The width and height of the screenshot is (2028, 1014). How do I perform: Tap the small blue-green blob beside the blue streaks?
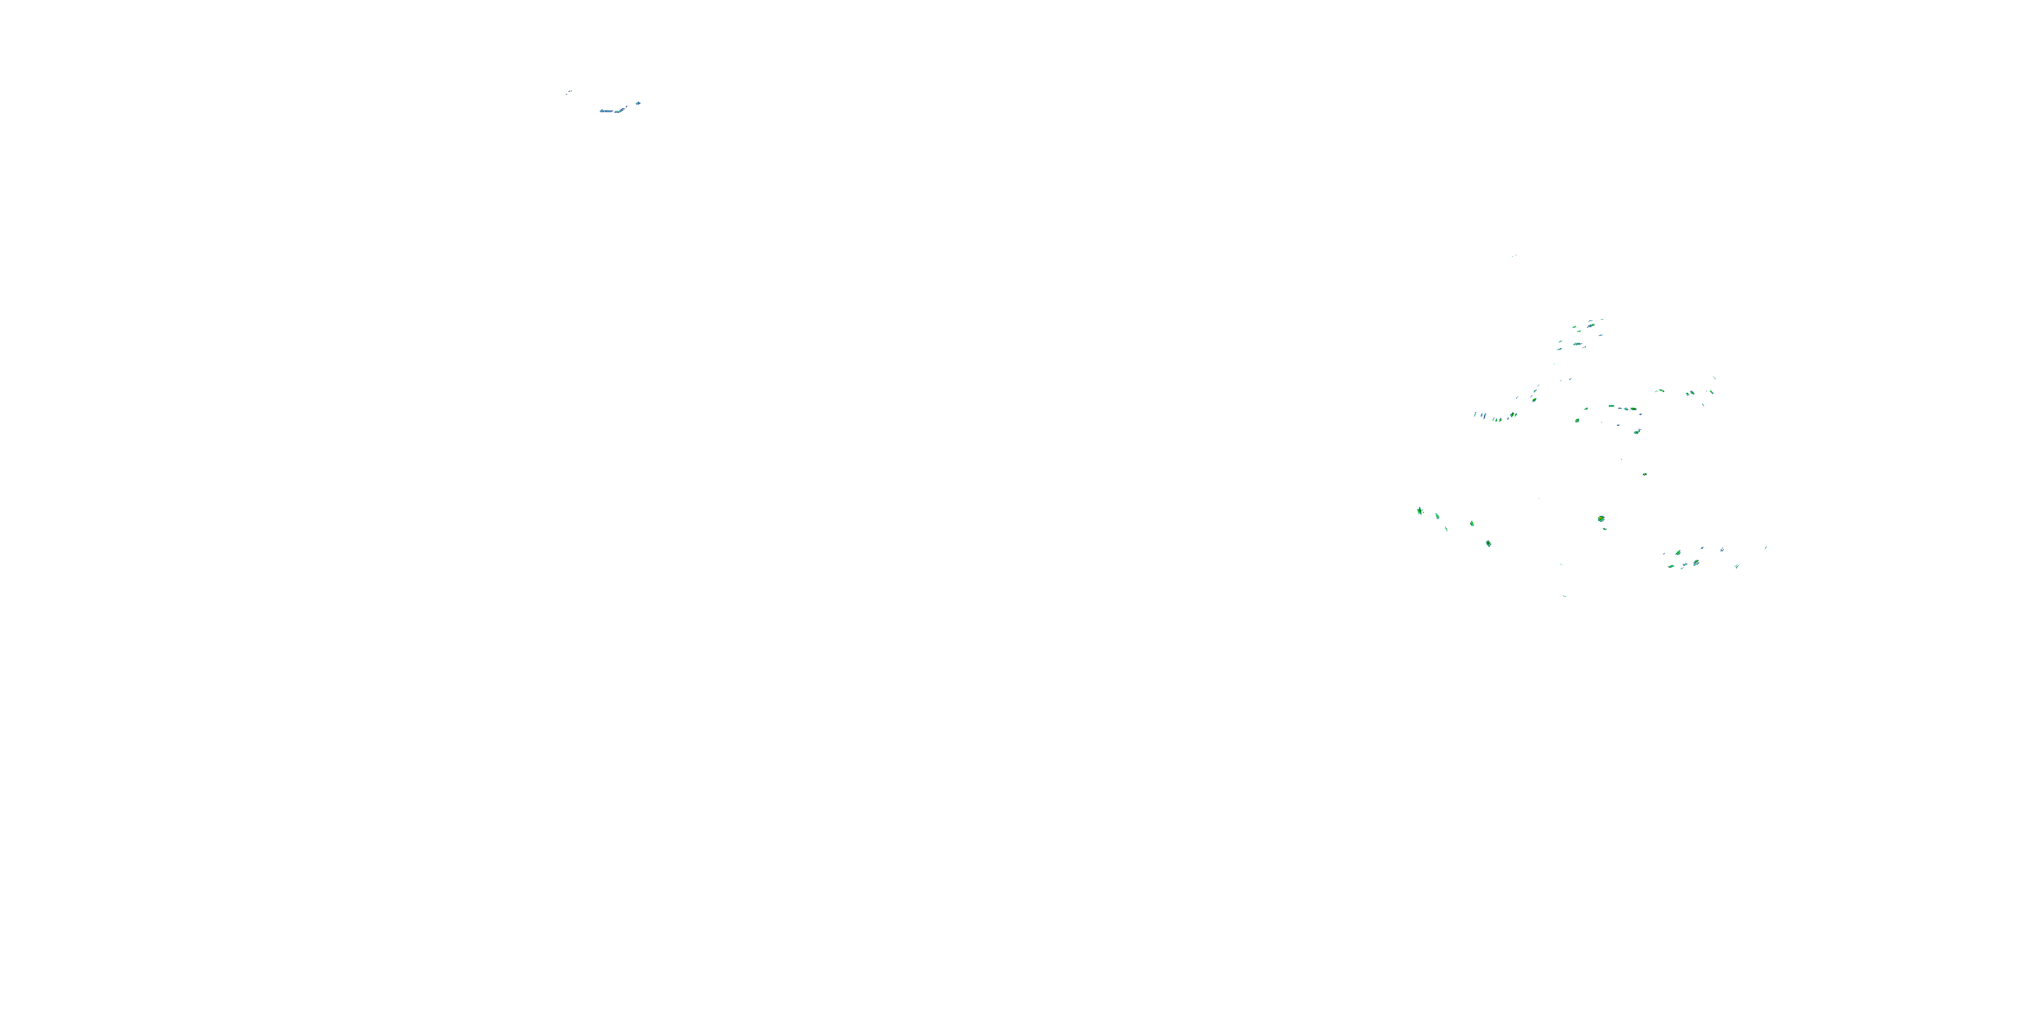637,102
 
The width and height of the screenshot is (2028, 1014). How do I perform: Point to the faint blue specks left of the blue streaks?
569,93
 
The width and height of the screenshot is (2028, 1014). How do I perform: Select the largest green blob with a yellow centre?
1601,518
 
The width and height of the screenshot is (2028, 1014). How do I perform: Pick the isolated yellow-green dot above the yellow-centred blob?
1645,474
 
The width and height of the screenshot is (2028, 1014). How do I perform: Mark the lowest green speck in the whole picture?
1564,596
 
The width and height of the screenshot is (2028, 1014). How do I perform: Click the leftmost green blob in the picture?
1420,511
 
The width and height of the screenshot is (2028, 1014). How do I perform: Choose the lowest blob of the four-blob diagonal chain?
1488,544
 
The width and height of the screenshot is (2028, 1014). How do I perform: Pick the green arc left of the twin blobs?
1660,391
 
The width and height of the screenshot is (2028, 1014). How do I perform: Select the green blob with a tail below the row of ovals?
1637,431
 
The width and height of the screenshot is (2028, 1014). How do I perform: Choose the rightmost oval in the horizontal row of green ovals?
1634,410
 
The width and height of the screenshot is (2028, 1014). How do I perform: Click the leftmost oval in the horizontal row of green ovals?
1612,406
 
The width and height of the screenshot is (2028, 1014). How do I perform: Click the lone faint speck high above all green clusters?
1514,255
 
